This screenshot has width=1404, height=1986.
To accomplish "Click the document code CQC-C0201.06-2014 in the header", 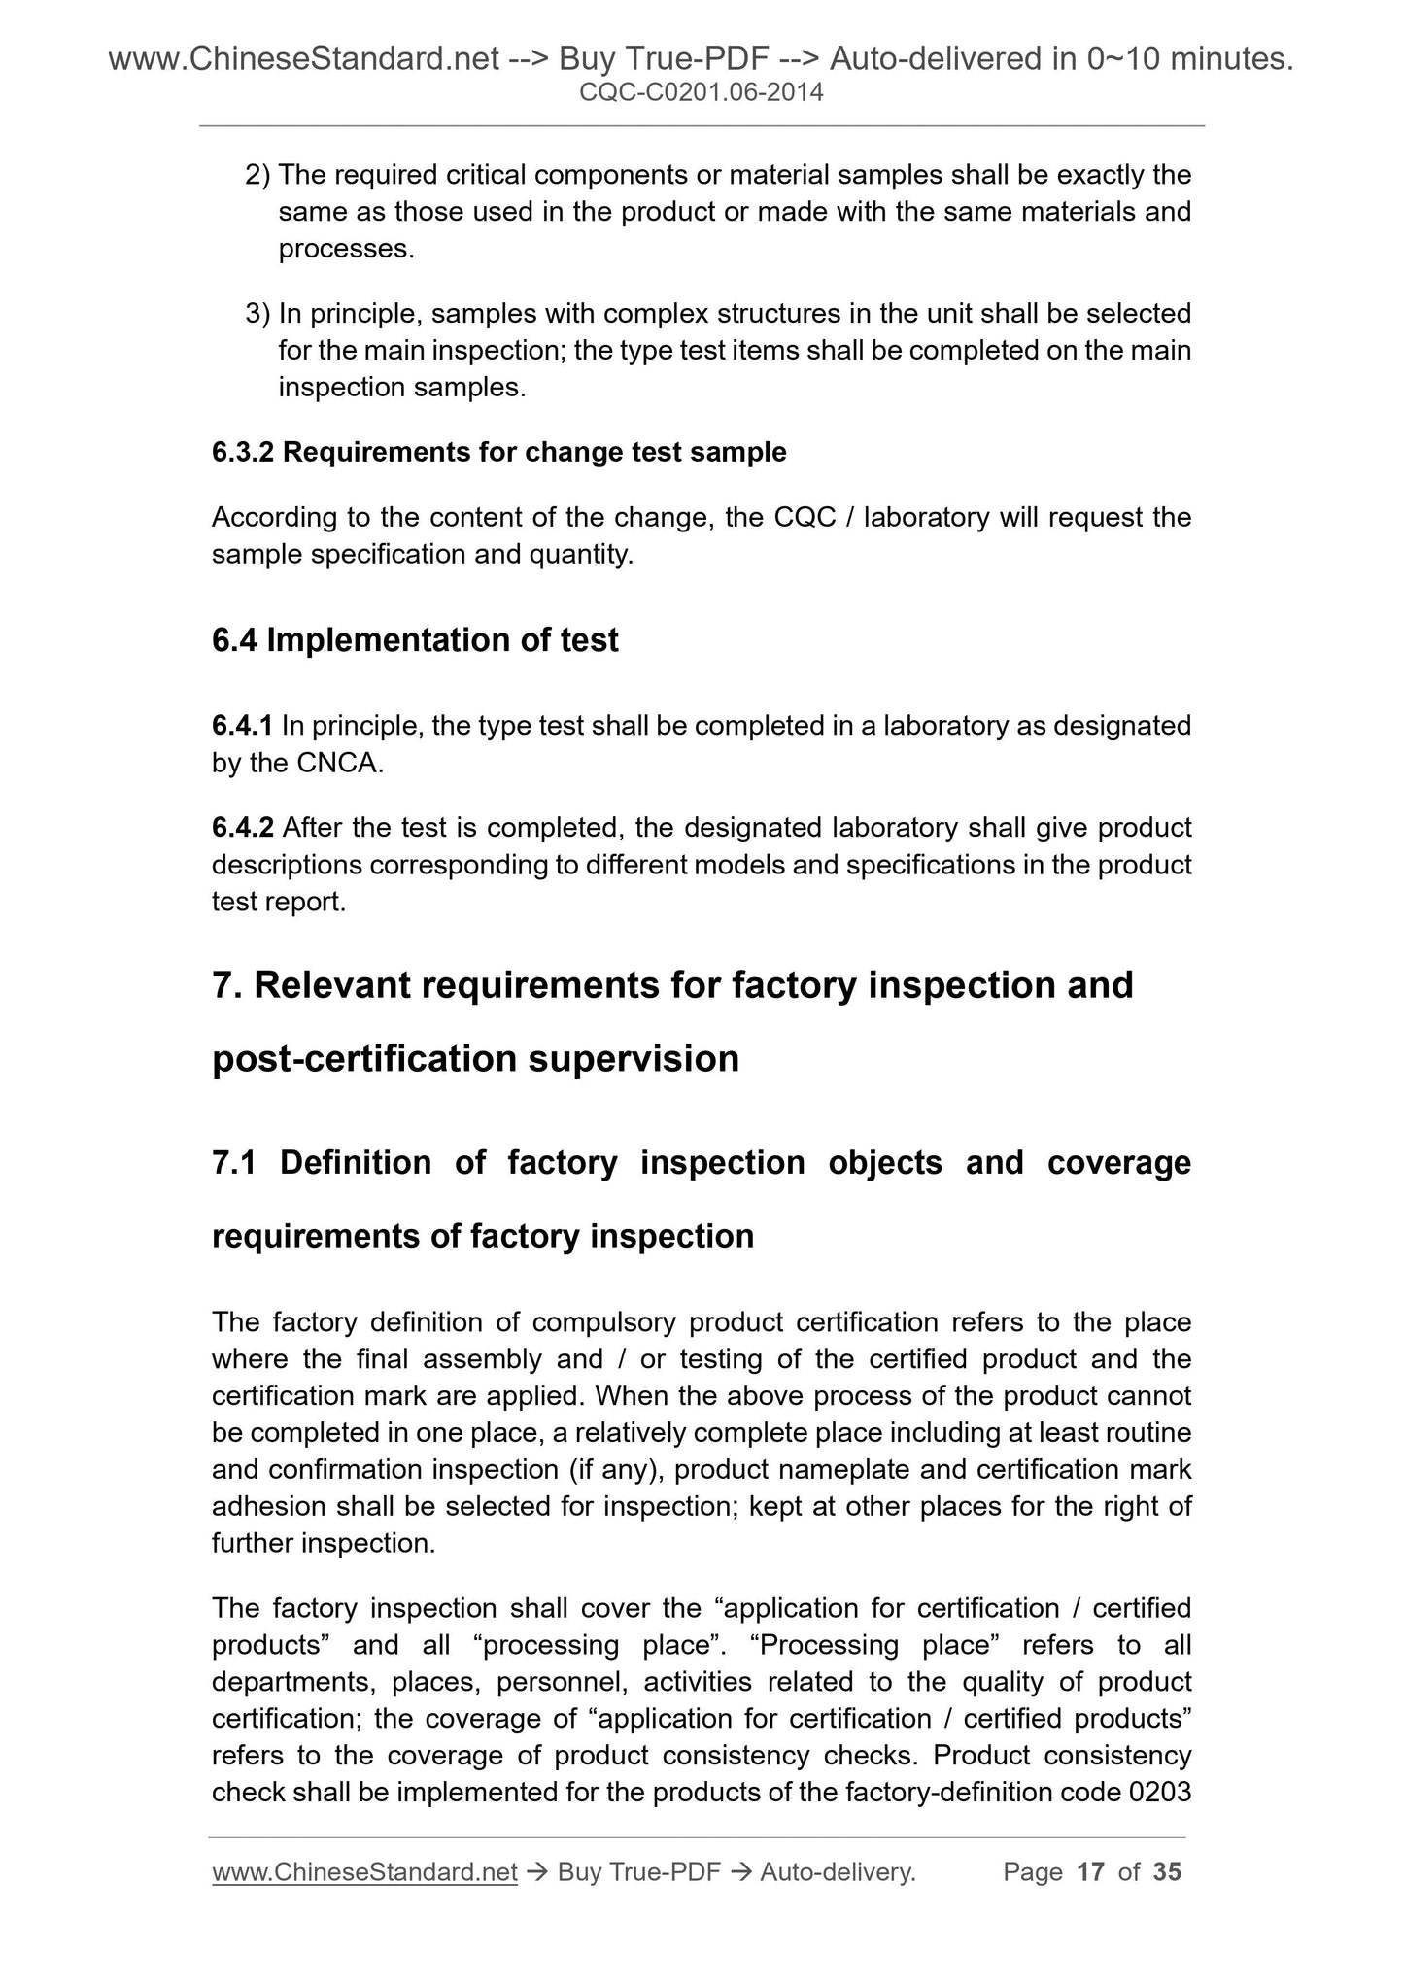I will click(x=701, y=94).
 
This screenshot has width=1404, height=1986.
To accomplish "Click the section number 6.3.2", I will click(x=243, y=453).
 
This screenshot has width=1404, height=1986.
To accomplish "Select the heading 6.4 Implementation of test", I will click(x=415, y=640).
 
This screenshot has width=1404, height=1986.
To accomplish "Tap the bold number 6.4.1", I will click(x=242, y=726).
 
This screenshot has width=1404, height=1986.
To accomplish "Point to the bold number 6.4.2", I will click(x=243, y=829).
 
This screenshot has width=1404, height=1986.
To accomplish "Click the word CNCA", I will click(x=340, y=764).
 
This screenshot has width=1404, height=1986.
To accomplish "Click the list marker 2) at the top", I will click(x=257, y=176).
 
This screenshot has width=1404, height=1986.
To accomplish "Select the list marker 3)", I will click(x=257, y=315).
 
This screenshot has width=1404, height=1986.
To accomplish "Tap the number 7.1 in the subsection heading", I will click(x=233, y=1163).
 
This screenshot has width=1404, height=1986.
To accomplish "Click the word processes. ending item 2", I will click(x=346, y=250).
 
